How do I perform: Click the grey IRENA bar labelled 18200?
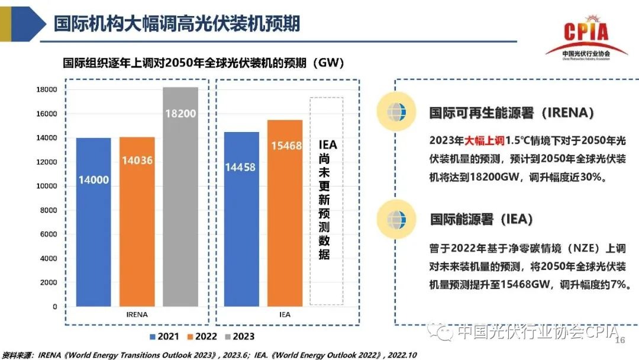(180, 195)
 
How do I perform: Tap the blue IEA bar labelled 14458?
(241, 218)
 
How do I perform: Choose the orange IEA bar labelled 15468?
(285, 213)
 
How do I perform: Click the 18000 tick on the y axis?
(47, 89)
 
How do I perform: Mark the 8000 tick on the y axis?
(49, 210)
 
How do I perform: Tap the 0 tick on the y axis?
(55, 307)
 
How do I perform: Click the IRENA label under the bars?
(137, 314)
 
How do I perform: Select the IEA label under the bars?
(285, 314)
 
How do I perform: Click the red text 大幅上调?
(483, 141)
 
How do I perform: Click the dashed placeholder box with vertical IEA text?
(327, 201)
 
